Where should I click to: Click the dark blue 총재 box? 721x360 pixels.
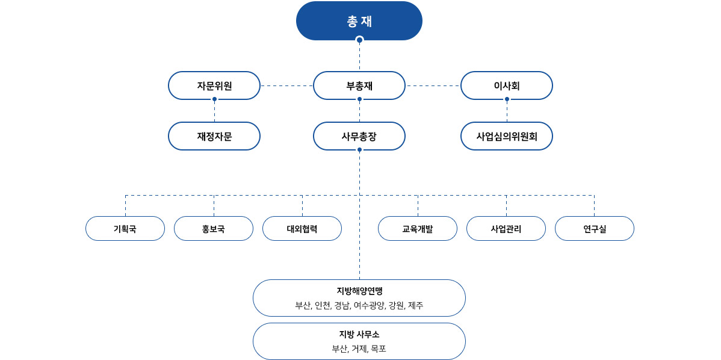[x=359, y=20]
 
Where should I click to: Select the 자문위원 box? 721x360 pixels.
[x=214, y=85]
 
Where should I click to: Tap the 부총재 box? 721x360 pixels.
[x=359, y=85]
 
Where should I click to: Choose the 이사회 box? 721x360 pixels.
[x=507, y=85]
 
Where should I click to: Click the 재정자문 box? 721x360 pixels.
[x=214, y=136]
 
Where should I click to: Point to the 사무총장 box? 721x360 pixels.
[x=359, y=136]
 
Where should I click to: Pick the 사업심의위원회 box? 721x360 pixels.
[x=507, y=136]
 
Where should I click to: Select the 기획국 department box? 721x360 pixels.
[x=125, y=229]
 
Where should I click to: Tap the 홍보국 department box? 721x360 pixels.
[x=214, y=229]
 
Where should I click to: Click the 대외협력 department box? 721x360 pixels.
[x=302, y=229]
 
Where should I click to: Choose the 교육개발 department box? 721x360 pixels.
[x=418, y=229]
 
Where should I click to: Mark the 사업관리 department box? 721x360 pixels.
[x=506, y=229]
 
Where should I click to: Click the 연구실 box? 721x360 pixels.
[x=595, y=229]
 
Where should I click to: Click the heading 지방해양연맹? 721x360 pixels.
[x=359, y=291]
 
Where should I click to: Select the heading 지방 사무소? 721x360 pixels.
[x=359, y=334]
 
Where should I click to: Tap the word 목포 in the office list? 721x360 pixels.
[x=379, y=349]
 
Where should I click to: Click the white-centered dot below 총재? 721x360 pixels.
[x=359, y=40]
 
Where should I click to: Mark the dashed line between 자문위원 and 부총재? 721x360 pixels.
[x=287, y=85]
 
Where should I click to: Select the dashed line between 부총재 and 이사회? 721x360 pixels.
[x=433, y=85]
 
